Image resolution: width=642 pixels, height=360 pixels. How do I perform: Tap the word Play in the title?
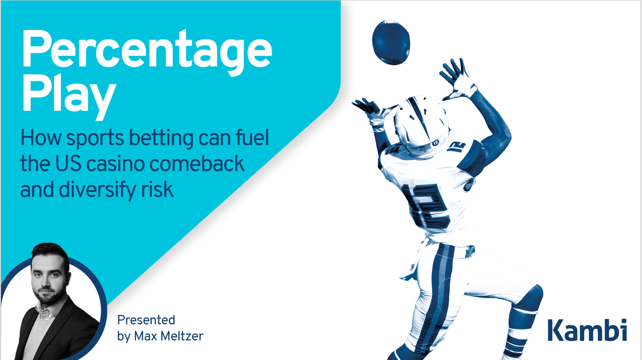point(69,97)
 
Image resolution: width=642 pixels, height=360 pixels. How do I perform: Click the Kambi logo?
point(587,330)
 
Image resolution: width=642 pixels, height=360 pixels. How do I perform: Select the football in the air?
point(391,43)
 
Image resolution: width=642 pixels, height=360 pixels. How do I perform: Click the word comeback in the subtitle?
point(197,163)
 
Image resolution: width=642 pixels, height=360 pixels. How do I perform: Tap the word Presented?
point(146,320)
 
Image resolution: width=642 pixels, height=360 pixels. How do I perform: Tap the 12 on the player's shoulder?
point(457,147)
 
